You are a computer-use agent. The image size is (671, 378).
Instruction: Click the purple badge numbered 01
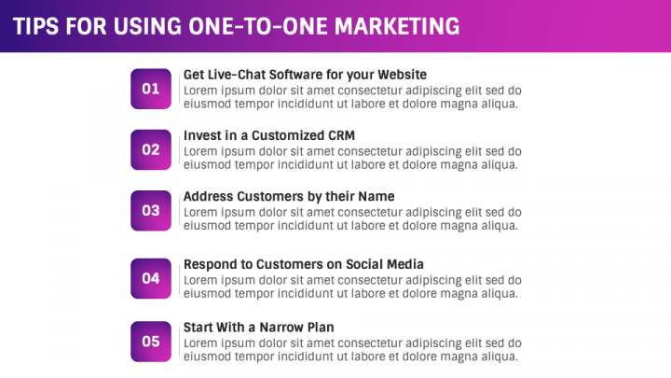pos(151,89)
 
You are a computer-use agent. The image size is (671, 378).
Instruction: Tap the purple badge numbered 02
pos(151,149)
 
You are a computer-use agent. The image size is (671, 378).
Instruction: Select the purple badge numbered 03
pos(151,211)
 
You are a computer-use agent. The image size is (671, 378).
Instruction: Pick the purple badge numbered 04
pos(151,278)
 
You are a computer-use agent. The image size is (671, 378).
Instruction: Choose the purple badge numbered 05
pos(151,342)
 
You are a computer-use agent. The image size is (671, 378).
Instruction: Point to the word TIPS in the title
pos(36,26)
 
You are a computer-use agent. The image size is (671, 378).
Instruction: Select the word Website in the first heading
pos(401,75)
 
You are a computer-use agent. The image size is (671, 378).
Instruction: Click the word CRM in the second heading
pos(342,135)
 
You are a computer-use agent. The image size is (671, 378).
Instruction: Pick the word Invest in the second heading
pos(203,135)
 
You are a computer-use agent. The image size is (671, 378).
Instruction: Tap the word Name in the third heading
pos(377,197)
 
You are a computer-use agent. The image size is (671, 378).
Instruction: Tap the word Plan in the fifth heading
pos(319,328)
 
